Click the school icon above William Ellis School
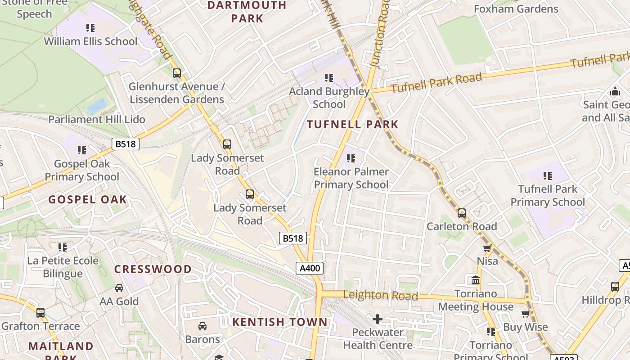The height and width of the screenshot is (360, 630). click(90, 28)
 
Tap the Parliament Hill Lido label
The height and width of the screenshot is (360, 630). click(97, 119)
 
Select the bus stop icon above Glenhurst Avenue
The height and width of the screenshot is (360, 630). click(177, 73)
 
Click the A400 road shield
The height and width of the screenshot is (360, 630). click(310, 269)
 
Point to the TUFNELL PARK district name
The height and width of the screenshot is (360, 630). click(353, 125)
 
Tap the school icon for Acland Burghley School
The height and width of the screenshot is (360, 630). click(329, 78)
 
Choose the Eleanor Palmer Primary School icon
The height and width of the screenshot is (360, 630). click(351, 158)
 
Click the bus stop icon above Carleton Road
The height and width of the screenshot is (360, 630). click(462, 213)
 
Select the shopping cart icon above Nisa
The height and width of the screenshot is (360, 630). click(487, 248)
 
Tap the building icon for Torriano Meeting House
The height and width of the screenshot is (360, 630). click(475, 280)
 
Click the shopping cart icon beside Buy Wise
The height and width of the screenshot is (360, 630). click(525, 314)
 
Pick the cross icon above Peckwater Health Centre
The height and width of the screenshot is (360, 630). click(378, 319)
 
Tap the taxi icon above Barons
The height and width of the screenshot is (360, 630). click(202, 326)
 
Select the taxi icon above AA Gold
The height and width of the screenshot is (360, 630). click(119, 288)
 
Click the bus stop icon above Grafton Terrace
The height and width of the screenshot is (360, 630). click(40, 312)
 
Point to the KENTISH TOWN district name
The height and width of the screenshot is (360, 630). click(280, 322)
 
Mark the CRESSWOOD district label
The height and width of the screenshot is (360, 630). click(153, 269)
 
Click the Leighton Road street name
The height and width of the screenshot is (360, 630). click(381, 295)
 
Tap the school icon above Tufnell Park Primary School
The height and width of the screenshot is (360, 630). click(548, 175)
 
